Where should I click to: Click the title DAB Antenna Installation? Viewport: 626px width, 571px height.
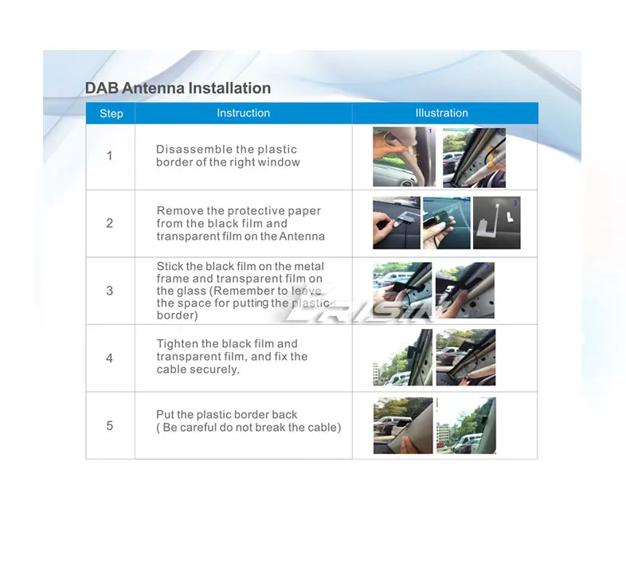tap(178, 88)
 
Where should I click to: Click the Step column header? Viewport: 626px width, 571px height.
tap(111, 113)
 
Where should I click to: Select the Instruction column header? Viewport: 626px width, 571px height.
tap(243, 113)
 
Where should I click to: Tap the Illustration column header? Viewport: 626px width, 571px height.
tap(441, 113)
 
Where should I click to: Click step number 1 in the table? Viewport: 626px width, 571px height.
tap(109, 156)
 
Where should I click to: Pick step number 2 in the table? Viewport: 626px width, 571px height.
tap(109, 223)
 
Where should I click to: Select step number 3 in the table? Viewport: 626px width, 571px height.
tap(109, 291)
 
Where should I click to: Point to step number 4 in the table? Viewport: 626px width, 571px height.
tap(109, 358)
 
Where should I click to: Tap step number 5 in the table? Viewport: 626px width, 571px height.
tap(109, 425)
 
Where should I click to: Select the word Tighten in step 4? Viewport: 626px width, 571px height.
tap(178, 344)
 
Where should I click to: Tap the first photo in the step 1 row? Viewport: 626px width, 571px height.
tap(404, 157)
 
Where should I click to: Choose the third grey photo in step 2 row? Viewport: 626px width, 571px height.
tap(497, 223)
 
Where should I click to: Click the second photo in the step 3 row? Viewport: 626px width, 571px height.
tap(464, 291)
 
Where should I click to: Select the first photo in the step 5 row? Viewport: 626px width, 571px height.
tap(403, 425)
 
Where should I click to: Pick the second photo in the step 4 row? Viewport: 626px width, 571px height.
tap(465, 358)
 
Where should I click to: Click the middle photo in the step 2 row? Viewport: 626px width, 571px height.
tap(446, 223)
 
